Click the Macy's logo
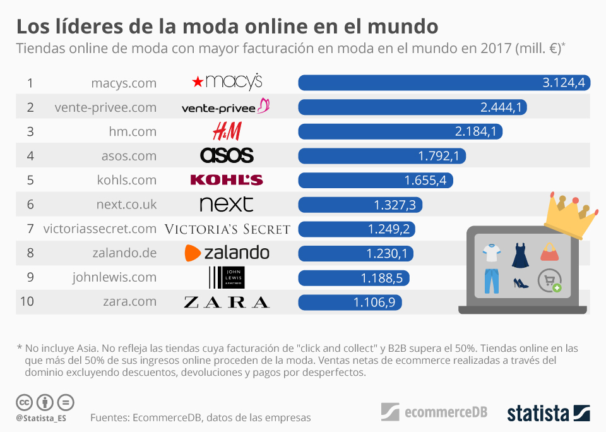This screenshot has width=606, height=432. pos(227,82)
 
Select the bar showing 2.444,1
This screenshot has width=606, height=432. pos(412,107)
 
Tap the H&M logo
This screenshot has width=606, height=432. pos(227,131)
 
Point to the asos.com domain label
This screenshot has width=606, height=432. pos(129,155)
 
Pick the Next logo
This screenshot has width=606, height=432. pos(226,204)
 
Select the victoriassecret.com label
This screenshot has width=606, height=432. pos(100,229)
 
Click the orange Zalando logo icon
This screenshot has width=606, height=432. pos(193,253)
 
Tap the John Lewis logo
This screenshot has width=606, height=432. pos(227,277)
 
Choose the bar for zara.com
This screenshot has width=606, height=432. pos(350,302)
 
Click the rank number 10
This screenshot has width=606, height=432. pos(27,301)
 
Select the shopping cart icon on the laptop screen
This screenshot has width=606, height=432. pos(549,280)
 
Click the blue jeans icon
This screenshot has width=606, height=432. pos(492,280)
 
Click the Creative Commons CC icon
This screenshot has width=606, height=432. pos(25,402)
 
